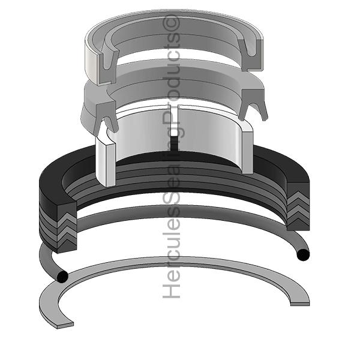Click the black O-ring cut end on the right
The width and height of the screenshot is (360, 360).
303,255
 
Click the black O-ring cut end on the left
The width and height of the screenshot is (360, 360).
62,277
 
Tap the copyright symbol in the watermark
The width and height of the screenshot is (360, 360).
171,23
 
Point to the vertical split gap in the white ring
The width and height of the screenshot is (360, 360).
175,128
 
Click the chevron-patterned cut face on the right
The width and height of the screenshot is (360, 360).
298,206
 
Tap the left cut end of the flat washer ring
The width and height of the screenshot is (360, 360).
65,325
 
